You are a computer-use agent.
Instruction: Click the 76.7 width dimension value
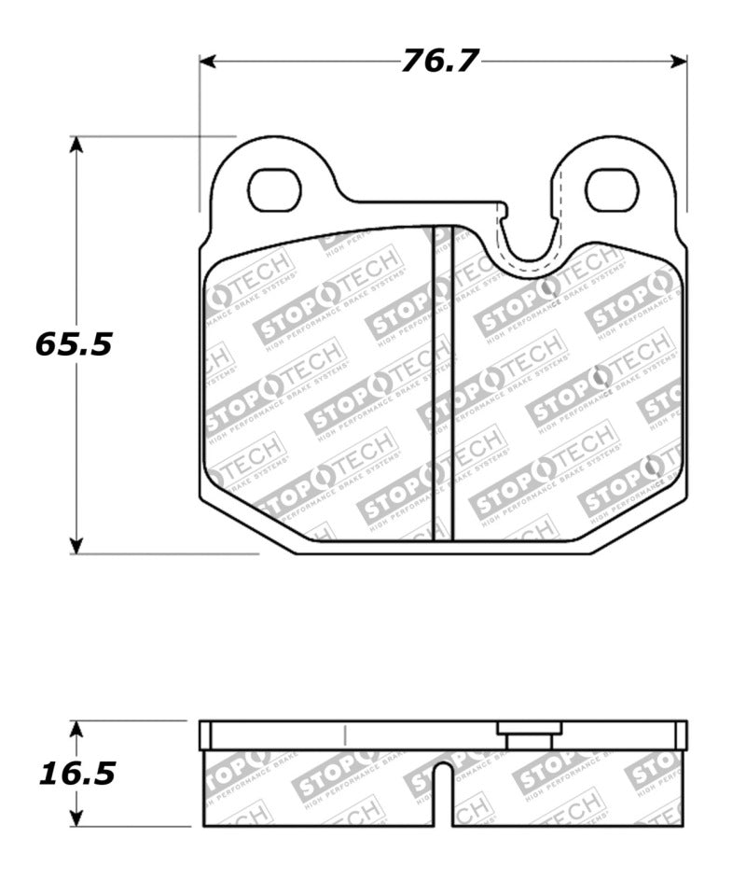click(439, 61)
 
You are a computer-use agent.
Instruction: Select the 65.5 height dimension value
click(74, 344)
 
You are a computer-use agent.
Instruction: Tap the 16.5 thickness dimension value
click(76, 773)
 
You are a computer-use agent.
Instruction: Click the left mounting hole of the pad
click(278, 189)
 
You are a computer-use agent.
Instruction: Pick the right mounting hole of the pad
click(611, 189)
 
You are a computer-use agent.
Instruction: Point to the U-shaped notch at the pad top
click(528, 244)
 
